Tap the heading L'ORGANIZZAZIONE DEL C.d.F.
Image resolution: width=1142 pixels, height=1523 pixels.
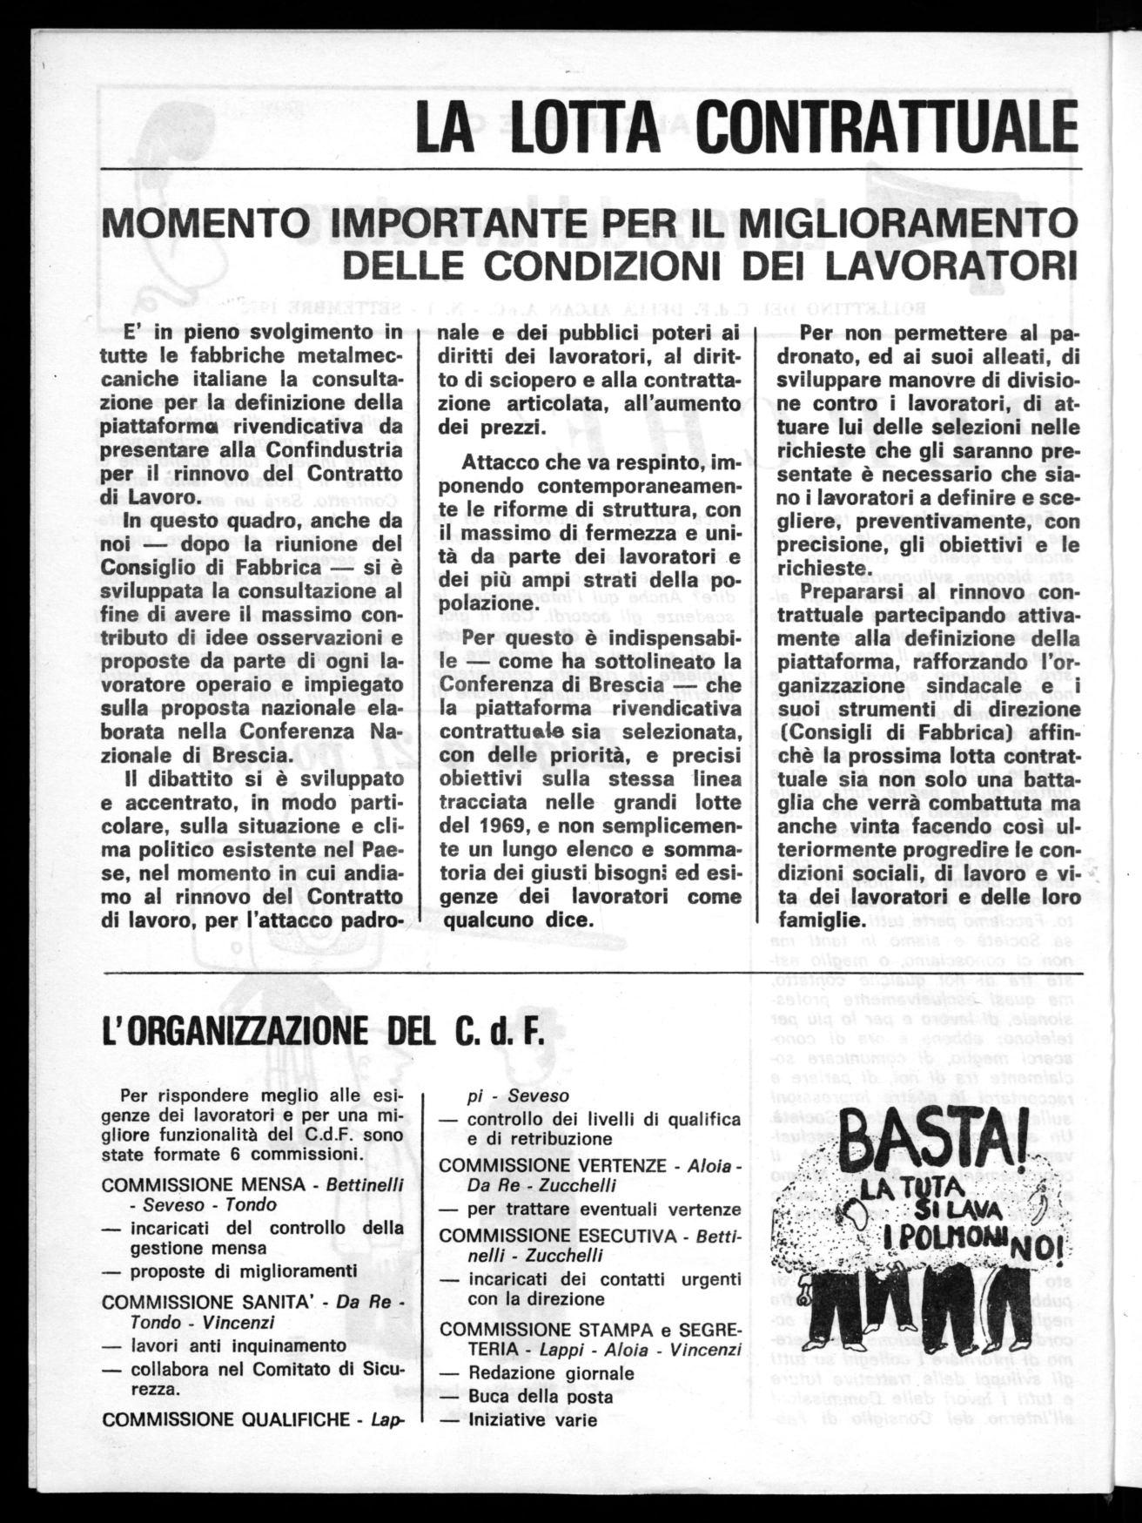[322, 1034]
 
